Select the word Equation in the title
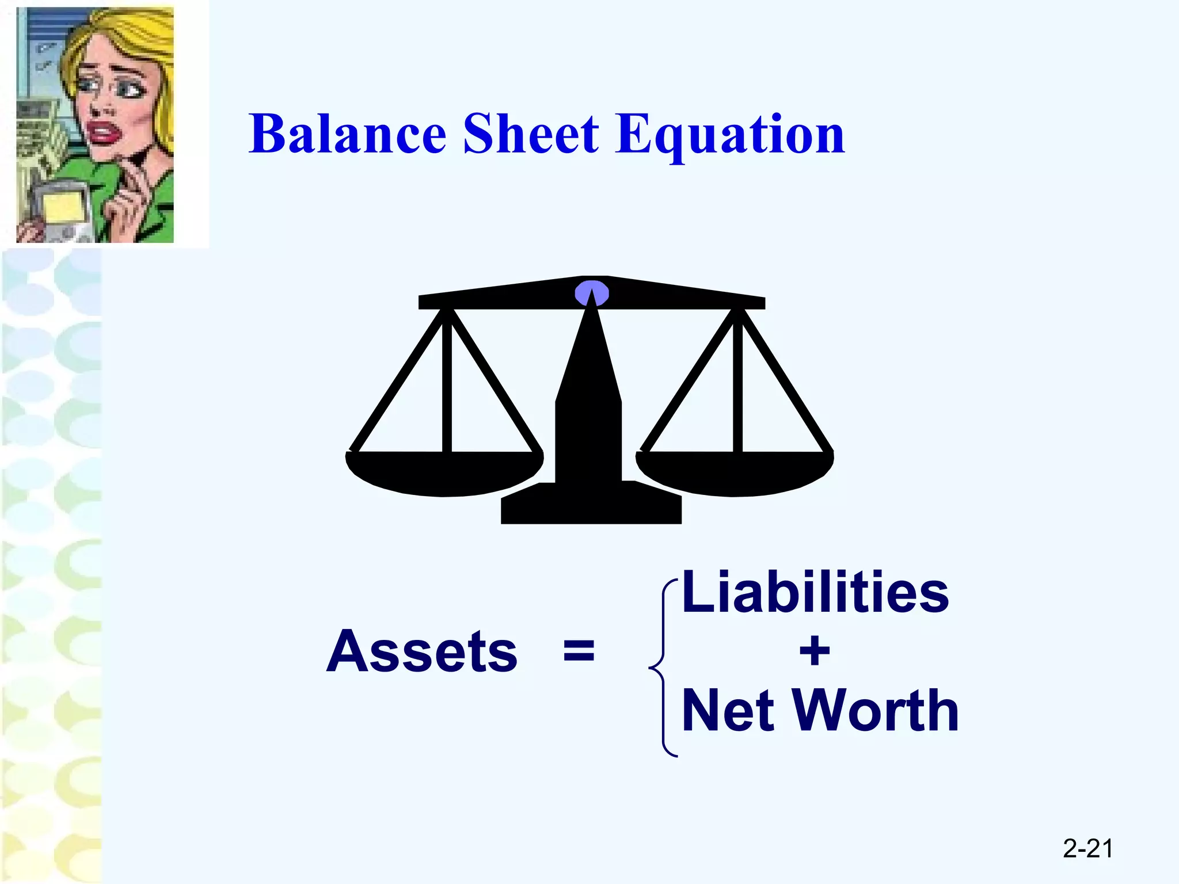pyautogui.click(x=730, y=136)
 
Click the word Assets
pyautogui.click(x=422, y=651)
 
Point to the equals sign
pyautogui.click(x=579, y=651)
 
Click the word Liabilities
pyautogui.click(x=815, y=592)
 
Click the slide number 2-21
pyautogui.click(x=1087, y=848)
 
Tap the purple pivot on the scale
pyautogui.click(x=592, y=293)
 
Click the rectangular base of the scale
pyautogui.click(x=591, y=509)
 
